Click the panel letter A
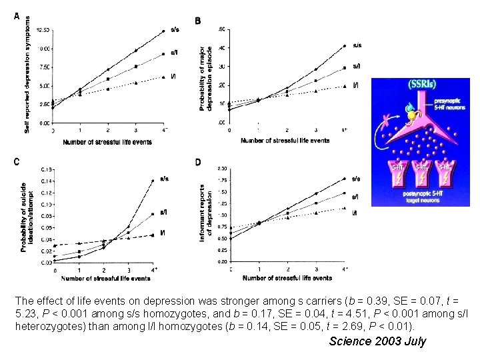point(17,18)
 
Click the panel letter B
point(197,21)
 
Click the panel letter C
point(17,161)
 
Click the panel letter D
point(197,162)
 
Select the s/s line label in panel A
point(175,29)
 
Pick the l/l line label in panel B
point(356,85)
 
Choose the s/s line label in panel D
point(356,179)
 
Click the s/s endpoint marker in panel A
point(164,31)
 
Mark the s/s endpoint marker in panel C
point(154,180)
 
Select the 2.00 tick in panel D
point(222,169)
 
